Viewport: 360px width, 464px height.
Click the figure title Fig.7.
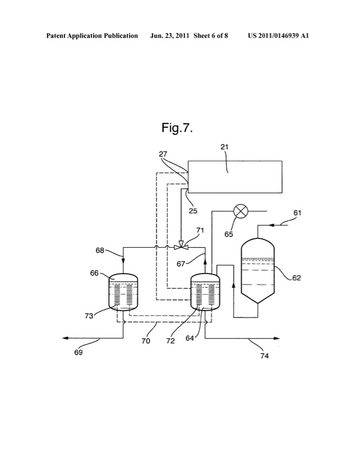click(x=177, y=128)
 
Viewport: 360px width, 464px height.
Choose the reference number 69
click(x=77, y=353)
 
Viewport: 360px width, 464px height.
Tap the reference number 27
click(x=165, y=154)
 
